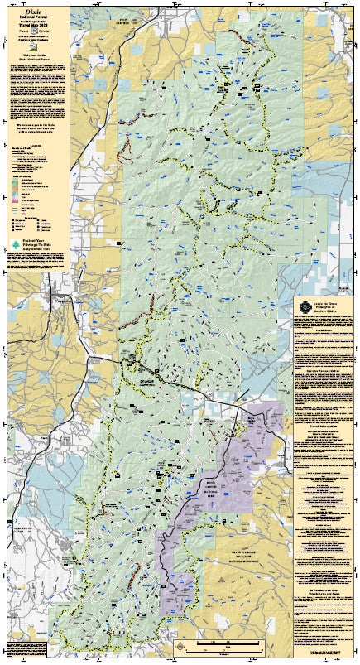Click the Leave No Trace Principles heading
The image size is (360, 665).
click(328, 306)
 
